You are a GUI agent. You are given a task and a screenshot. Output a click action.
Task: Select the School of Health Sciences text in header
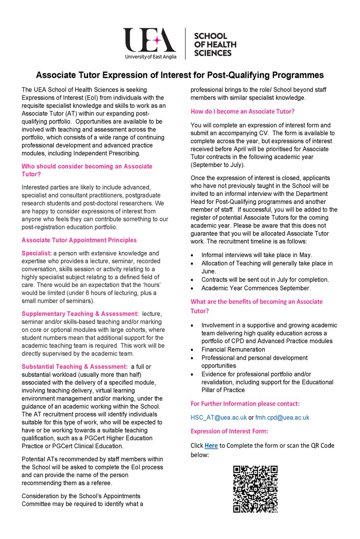[213, 44]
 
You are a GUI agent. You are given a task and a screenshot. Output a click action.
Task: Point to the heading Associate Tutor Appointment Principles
[79, 240]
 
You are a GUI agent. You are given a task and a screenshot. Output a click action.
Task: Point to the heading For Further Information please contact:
[245, 403]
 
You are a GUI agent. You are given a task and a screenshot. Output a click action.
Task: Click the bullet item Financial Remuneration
[233, 349]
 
